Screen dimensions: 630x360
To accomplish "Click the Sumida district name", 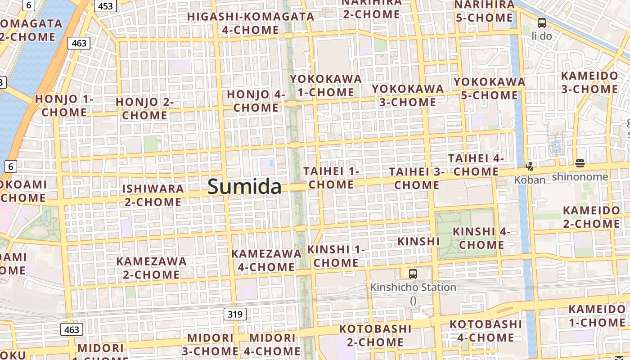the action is click(244, 186).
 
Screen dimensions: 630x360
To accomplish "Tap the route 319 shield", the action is click(235, 314).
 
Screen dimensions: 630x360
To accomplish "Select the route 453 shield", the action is click(105, 6).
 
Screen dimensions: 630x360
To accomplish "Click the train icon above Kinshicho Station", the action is click(413, 274).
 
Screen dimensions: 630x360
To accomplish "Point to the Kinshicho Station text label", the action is click(413, 288).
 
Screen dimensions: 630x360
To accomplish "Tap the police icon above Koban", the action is click(529, 166).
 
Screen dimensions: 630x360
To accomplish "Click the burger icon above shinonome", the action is click(580, 163).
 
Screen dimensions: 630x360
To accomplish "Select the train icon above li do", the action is click(542, 22).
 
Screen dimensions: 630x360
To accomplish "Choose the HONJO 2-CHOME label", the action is click(145, 108).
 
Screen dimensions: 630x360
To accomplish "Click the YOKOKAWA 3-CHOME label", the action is click(408, 95).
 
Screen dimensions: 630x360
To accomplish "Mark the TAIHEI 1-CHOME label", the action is click(331, 178).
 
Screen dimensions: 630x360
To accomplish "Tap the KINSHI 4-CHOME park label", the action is click(481, 238).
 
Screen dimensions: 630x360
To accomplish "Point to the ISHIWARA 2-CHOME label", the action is click(153, 195).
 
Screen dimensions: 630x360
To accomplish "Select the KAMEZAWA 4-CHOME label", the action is click(266, 260).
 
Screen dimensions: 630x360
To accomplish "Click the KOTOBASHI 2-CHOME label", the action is click(375, 335).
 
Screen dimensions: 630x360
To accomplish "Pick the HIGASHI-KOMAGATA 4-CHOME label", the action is click(251, 23).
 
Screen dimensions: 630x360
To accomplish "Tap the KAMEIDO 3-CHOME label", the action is click(589, 82).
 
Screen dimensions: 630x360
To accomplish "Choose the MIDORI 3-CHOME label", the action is click(210, 344).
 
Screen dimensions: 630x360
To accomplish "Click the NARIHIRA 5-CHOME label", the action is click(484, 11).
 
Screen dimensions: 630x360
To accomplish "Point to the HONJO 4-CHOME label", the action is click(256, 101).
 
